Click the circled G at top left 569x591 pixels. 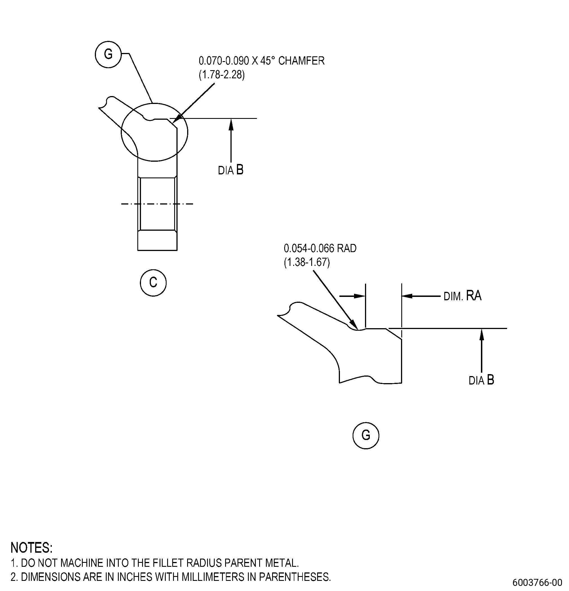pos(108,55)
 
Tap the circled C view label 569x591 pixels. pos(153,283)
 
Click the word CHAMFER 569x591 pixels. pos(301,61)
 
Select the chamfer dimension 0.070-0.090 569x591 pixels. pos(224,61)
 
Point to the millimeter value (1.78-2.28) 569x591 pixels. pos(222,74)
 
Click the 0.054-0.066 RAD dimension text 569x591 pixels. pos(320,248)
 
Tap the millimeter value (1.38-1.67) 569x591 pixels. pos(307,262)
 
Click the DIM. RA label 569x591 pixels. pos(463,295)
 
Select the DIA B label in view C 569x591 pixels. pos(231,170)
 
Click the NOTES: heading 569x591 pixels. pos(32,548)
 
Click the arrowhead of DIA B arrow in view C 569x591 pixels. pos(231,124)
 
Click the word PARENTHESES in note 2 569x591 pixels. pos(295,577)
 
